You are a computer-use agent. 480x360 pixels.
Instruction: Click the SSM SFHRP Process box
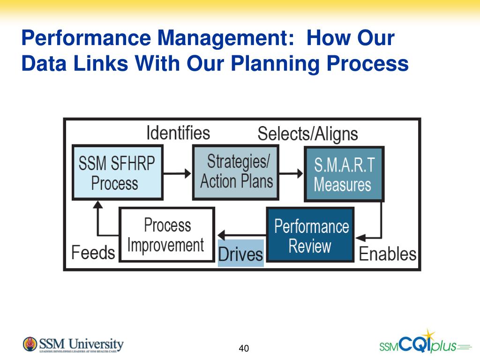[118, 172]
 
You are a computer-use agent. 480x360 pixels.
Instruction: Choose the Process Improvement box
[167, 234]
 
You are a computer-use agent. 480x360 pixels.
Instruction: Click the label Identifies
[178, 133]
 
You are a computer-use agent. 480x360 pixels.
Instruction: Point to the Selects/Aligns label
[307, 134]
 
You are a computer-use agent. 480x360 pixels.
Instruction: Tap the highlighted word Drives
[240, 254]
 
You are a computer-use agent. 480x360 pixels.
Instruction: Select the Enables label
[387, 254]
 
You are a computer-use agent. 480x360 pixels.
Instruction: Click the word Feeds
[93, 253]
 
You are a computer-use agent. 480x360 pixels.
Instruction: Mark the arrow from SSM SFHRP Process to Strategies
[178, 173]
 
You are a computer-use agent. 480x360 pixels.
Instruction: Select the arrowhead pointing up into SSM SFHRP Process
[98, 204]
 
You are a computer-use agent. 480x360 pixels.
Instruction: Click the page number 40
[243, 348]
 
